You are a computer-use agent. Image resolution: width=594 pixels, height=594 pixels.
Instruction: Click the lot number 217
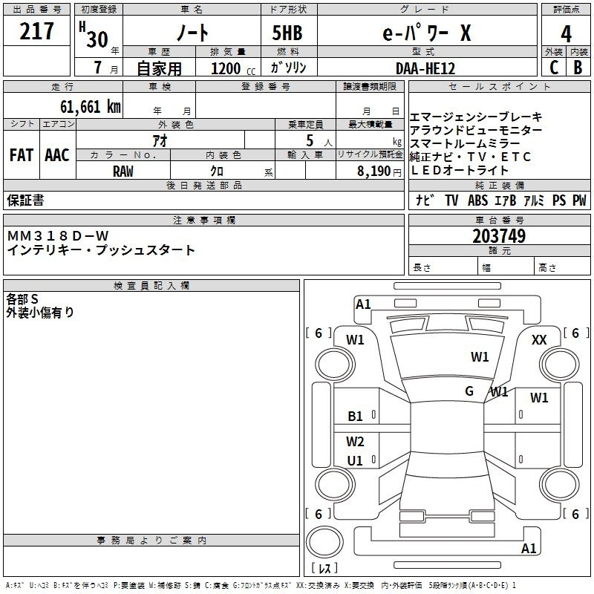[36, 31]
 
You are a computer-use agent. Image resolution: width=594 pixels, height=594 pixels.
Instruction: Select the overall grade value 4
[566, 34]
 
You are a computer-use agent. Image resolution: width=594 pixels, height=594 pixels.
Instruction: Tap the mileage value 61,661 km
[91, 107]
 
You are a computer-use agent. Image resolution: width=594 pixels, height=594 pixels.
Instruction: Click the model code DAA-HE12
[425, 68]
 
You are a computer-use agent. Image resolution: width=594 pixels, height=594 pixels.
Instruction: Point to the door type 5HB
[287, 33]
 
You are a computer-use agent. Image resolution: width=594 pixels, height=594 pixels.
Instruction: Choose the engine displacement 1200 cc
[233, 69]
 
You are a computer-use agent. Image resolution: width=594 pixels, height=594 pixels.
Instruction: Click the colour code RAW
[123, 172]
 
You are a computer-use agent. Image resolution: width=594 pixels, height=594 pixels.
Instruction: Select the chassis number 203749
[499, 236]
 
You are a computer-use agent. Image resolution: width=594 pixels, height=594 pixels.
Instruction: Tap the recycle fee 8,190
[374, 172]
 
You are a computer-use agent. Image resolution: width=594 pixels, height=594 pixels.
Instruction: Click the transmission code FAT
[22, 155]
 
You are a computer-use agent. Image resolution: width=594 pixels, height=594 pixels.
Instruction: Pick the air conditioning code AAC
[57, 155]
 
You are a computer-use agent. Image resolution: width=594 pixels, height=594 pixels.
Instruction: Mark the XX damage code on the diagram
[539, 340]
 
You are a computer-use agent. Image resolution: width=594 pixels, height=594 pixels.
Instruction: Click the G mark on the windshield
[469, 391]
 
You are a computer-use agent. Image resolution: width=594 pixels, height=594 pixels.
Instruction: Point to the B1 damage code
[355, 417]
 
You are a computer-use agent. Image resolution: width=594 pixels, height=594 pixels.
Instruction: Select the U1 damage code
[355, 460]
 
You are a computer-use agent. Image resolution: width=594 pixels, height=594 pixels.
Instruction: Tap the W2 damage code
[355, 442]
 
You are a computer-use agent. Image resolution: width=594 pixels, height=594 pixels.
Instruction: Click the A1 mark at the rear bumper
[529, 548]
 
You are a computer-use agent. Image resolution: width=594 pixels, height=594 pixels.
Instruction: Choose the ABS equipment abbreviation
[477, 200]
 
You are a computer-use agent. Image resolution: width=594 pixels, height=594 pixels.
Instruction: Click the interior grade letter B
[578, 68]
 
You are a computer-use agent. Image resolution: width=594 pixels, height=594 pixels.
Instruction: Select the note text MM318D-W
[58, 236]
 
